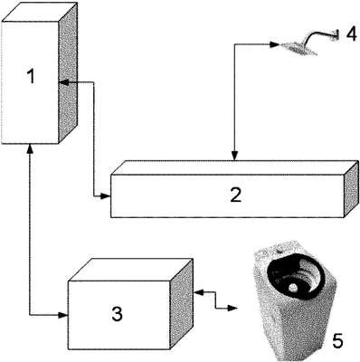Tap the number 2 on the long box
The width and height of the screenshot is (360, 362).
[x=235, y=195]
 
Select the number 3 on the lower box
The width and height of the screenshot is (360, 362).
[x=117, y=313]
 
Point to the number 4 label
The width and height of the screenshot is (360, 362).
[x=351, y=34]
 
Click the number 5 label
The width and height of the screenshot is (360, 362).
[x=336, y=340]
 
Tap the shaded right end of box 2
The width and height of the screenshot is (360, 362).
[x=352, y=189]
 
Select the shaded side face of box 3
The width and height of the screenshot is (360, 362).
[x=182, y=304]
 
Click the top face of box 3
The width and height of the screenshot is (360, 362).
[x=130, y=270]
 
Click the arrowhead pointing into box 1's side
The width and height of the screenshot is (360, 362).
[x=63, y=82]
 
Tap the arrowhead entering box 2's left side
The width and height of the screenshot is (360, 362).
[x=106, y=196]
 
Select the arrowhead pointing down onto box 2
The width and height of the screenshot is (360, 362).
[x=235, y=156]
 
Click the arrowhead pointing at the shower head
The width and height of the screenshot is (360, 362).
[x=274, y=44]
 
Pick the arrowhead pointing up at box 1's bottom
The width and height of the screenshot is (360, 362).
[x=30, y=148]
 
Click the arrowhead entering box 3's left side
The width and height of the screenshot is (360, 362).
[x=63, y=315]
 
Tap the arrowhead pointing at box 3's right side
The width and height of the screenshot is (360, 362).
[x=199, y=291]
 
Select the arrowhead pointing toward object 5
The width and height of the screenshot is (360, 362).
[x=232, y=308]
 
